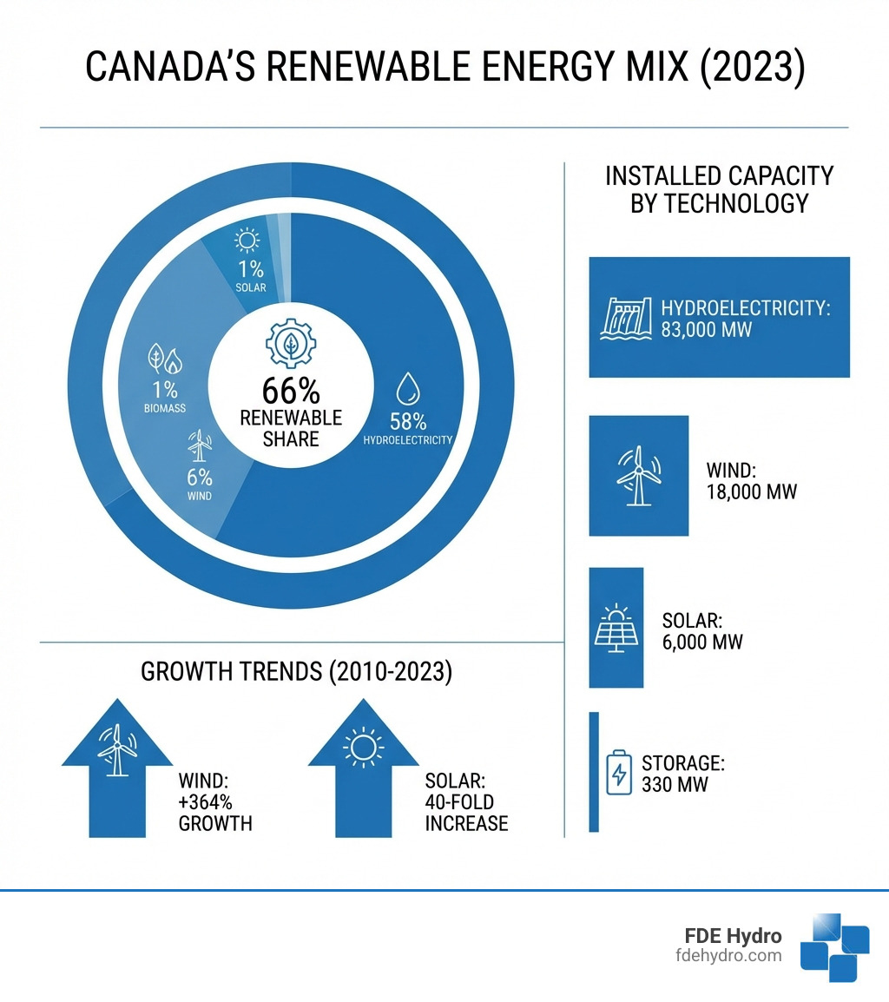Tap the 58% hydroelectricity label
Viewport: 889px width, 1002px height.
pyautogui.click(x=407, y=422)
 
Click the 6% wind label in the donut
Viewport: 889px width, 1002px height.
pyautogui.click(x=199, y=478)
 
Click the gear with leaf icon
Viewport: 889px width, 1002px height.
pyautogui.click(x=292, y=343)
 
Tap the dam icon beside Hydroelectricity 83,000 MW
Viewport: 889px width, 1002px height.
pyautogui.click(x=628, y=318)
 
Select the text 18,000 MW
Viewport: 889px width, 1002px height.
pyautogui.click(x=752, y=491)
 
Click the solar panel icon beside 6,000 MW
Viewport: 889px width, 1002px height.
pyautogui.click(x=617, y=630)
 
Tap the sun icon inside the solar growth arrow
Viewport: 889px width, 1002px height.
pyautogui.click(x=362, y=748)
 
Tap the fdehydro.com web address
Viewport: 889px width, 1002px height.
pyautogui.click(x=728, y=955)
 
